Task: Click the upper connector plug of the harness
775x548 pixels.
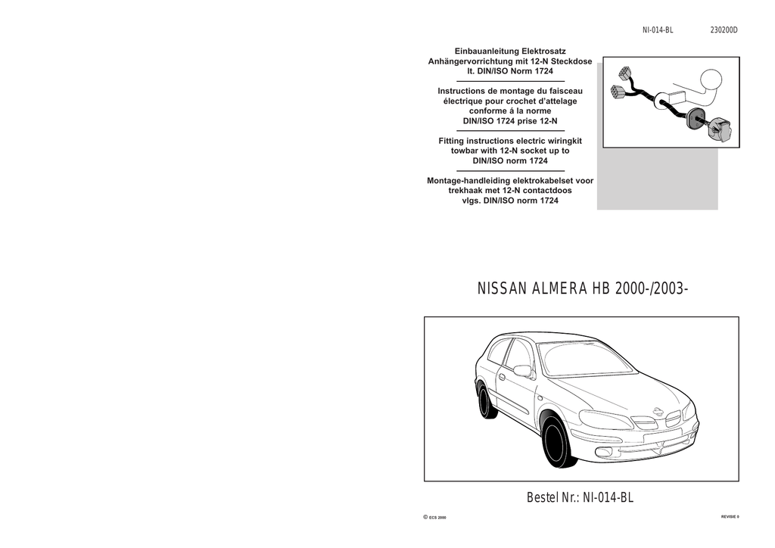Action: pos(624,73)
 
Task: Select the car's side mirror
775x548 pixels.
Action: pos(522,370)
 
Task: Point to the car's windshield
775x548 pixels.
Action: pos(586,359)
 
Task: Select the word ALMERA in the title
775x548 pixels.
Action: pos(561,289)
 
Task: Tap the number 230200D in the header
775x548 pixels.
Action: pos(724,30)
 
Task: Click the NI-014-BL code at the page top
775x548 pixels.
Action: pos(657,30)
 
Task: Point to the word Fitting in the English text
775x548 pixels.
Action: pos(454,141)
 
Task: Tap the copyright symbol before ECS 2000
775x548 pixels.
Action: pos(425,517)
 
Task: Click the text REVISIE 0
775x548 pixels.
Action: pos(730,516)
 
